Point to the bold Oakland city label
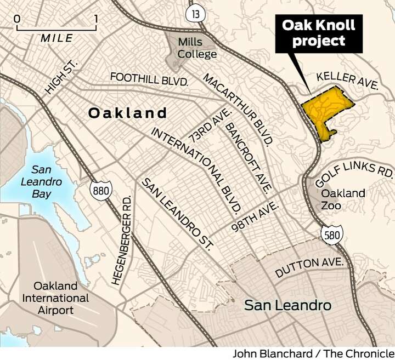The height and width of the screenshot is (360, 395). click(127, 113)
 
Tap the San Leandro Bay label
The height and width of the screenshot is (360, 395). click(41, 181)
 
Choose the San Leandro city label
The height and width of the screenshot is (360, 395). click(287, 305)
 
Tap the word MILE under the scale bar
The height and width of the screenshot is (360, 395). click(57, 38)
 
